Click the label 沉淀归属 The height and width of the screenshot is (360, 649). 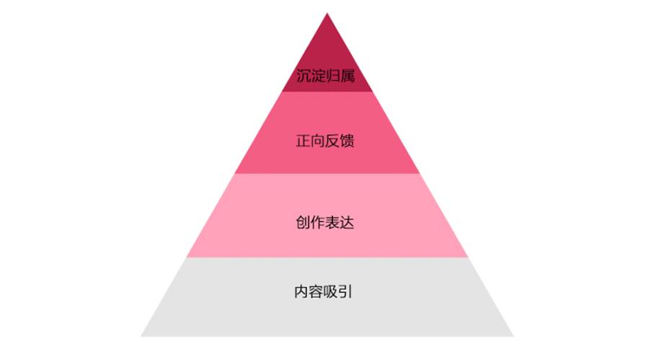coord(325,76)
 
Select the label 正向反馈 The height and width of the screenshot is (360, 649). coord(325,141)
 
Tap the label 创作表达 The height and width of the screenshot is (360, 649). coord(325,222)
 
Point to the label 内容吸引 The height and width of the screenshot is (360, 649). coord(323,291)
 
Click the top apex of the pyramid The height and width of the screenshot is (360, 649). coord(327,13)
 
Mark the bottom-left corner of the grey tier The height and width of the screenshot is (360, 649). coord(141,336)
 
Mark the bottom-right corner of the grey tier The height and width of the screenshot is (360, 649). coord(513,336)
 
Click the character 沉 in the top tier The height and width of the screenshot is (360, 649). coord(304,76)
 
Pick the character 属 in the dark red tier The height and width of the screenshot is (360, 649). coord(348,76)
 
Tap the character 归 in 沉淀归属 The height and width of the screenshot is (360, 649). coord(332,76)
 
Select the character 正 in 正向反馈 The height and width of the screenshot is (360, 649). coord(303,141)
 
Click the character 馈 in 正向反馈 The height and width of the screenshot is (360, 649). coord(348,141)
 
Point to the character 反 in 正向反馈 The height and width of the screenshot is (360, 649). coord(332,141)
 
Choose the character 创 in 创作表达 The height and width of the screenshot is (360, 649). coord(303,222)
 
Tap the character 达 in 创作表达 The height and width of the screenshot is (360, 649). coord(348,222)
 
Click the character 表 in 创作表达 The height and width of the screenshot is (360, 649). coord(332,222)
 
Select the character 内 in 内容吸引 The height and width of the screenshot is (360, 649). coord(301,291)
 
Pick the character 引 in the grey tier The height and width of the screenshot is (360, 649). coord(345,291)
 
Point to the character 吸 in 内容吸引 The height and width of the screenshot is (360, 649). coord(331,291)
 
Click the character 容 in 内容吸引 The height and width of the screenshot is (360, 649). coord(316,291)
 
